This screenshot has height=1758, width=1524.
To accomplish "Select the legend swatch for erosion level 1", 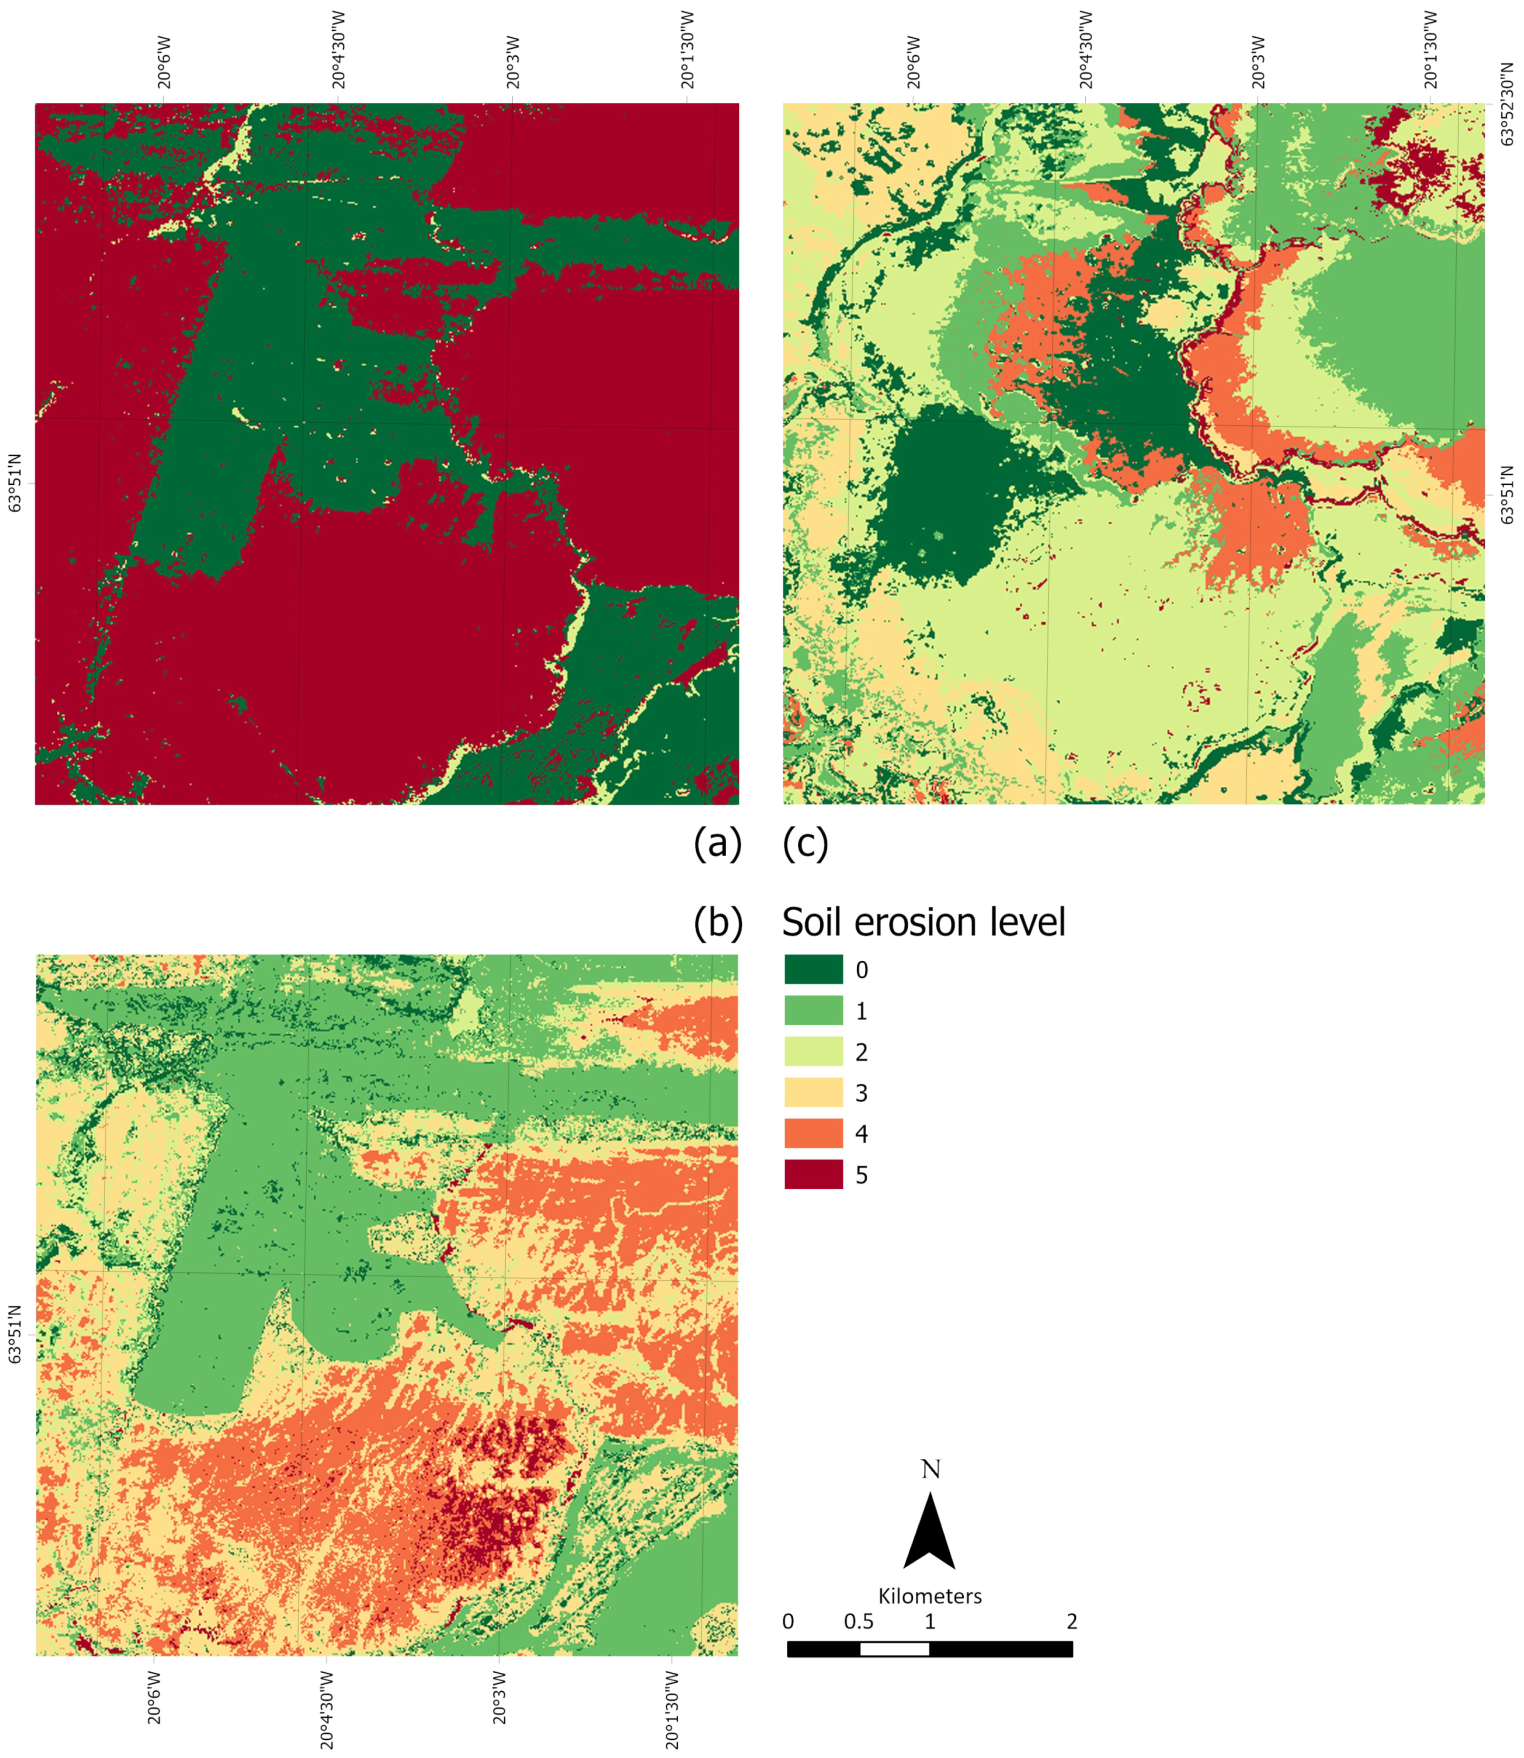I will [x=813, y=1010].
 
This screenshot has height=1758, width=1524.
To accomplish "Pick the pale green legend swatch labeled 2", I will [x=813, y=1051].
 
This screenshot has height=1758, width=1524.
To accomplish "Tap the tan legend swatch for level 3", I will [x=813, y=1092].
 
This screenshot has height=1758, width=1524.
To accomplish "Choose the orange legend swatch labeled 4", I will [x=813, y=1133].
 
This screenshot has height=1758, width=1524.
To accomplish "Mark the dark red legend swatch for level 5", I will [x=813, y=1173].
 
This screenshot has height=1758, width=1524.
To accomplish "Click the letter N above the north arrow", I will [x=930, y=1469].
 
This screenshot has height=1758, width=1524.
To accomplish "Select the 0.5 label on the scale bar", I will [x=859, y=1622].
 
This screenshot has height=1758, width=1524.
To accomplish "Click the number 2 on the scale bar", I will [x=1071, y=1622].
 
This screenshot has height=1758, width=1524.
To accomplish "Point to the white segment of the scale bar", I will [x=894, y=1649].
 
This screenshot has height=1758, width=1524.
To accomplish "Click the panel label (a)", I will [x=718, y=843].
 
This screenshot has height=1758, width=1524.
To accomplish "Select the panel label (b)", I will [x=718, y=922].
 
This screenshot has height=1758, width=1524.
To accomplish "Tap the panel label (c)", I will [x=804, y=843].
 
